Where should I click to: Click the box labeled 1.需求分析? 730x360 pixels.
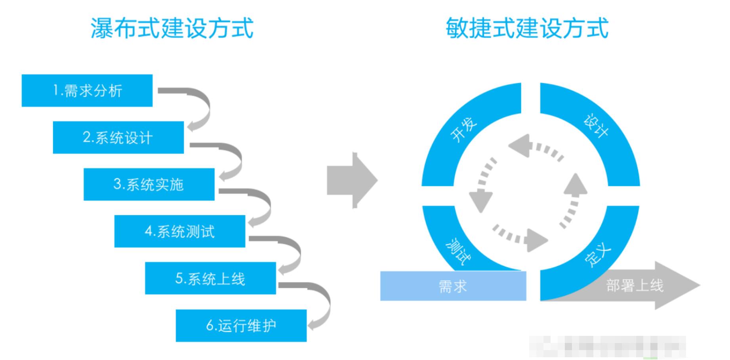pos(87,91)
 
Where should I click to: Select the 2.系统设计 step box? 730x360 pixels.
pos(118,137)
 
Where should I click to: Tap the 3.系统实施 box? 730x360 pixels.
pos(149,185)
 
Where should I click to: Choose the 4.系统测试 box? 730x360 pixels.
pos(179,231)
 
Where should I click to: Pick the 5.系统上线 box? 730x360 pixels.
pos(210,278)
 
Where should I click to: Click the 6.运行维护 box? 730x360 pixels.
pos(241,326)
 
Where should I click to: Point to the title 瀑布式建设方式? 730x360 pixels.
pos(172,29)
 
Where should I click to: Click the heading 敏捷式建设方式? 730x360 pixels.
pos(527,29)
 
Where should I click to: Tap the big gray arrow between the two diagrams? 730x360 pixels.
pos(351,180)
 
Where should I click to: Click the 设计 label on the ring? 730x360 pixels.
pos(596,126)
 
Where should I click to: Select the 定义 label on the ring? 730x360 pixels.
pos(598,255)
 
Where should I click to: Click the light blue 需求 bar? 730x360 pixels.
pos(453,286)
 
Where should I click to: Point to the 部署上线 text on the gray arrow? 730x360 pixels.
pos(634,286)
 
